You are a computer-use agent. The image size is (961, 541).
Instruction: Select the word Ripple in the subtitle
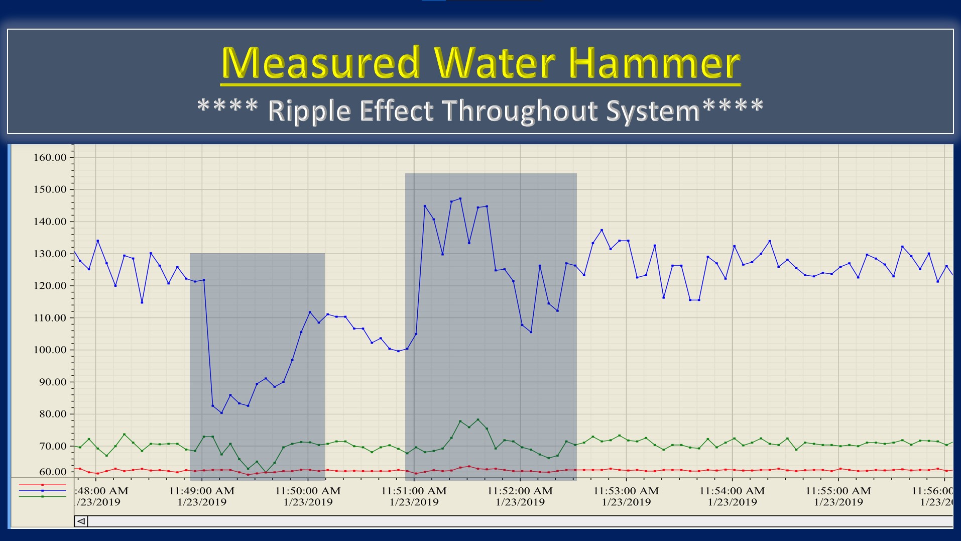(309, 111)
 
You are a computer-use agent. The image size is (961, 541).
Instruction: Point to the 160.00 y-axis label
(50, 157)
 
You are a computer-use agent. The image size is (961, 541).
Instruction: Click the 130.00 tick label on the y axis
(50, 254)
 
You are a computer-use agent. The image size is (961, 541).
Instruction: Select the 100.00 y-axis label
(50, 350)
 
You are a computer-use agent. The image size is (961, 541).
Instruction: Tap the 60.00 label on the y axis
(52, 472)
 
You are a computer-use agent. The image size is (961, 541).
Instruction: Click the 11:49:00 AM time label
(201, 491)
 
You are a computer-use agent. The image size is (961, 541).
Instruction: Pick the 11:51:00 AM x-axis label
(414, 491)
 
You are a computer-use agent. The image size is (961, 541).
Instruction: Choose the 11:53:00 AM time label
(626, 491)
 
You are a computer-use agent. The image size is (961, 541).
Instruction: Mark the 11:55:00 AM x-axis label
(838, 491)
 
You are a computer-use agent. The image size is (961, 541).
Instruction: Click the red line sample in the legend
(42, 485)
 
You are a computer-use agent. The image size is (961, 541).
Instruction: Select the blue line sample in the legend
(42, 490)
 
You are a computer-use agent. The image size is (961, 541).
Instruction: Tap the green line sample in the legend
(42, 496)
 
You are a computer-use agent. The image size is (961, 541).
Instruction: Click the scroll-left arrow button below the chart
(81, 521)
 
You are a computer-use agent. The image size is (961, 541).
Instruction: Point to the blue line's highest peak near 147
(460, 198)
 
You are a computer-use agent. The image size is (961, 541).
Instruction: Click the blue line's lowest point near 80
(221, 413)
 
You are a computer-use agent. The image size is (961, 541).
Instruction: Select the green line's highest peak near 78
(477, 419)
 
